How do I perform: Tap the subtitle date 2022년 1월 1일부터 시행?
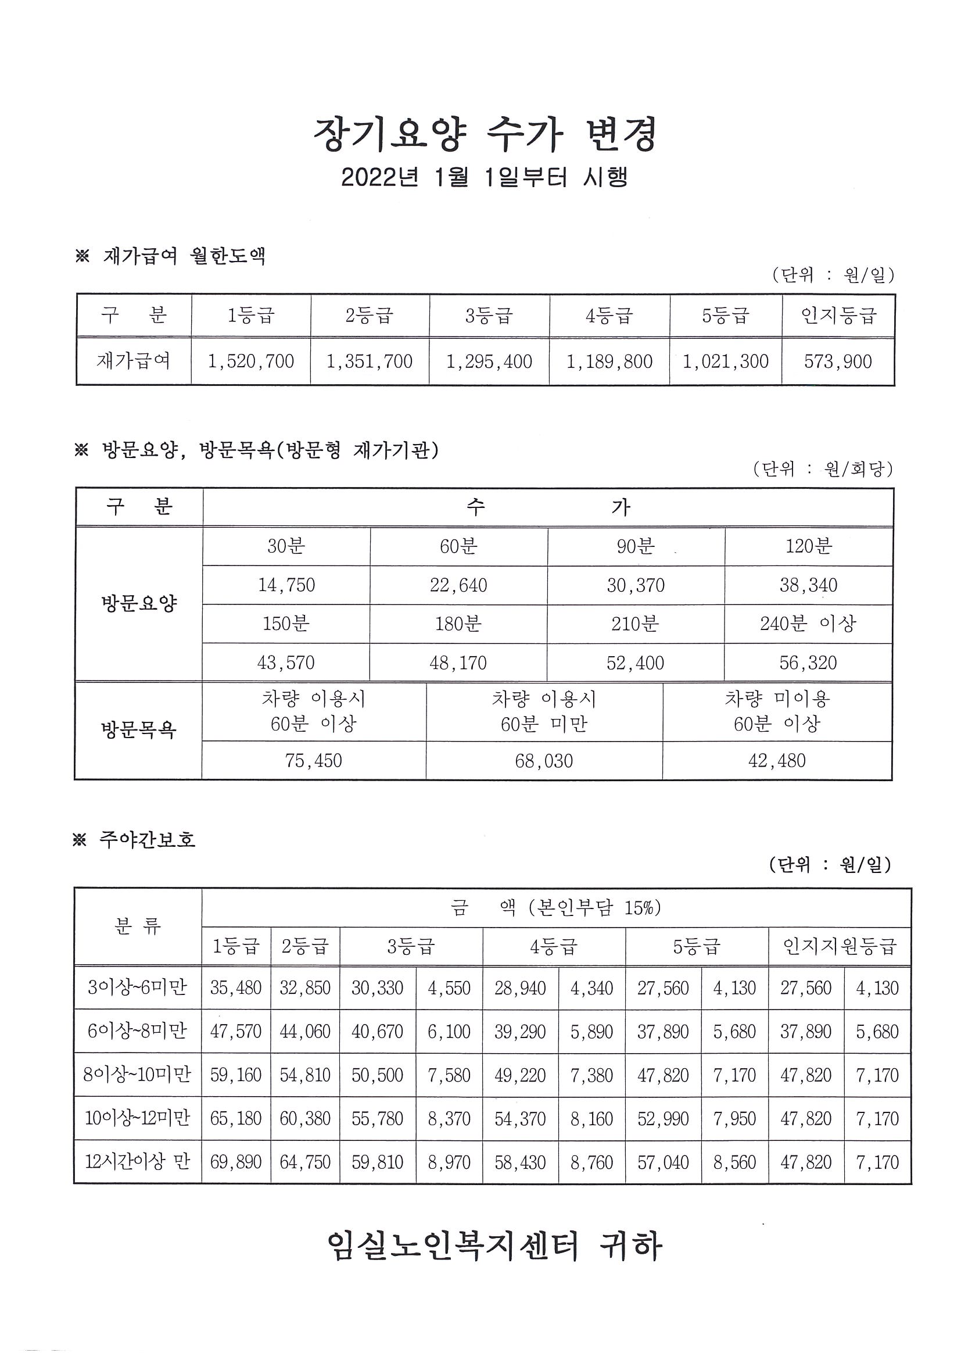tap(484, 177)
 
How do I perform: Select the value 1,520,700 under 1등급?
tap(250, 362)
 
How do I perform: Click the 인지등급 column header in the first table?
tap(838, 316)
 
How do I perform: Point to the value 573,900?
tap(838, 362)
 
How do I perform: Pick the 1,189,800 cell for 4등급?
tap(609, 362)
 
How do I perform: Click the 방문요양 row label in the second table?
tap(139, 604)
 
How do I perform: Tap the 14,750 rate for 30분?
tap(286, 585)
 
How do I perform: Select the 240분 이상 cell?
tap(808, 624)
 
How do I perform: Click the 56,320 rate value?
tap(808, 663)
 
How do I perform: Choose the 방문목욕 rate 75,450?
tap(313, 761)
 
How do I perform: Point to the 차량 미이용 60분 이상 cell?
tap(777, 711)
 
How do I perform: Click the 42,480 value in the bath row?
tap(777, 761)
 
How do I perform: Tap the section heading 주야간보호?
tap(147, 839)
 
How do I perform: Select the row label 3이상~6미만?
tap(137, 987)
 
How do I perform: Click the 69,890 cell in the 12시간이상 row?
tap(236, 1162)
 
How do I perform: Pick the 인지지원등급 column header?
tap(840, 946)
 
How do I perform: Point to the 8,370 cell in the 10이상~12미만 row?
tap(449, 1118)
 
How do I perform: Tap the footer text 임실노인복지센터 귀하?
tap(494, 1246)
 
